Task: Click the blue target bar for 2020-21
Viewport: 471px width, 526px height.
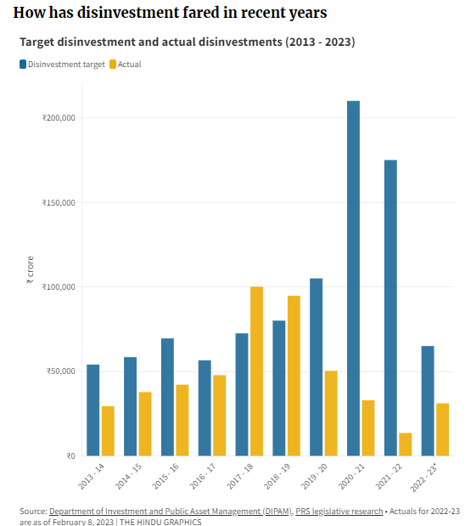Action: (353, 278)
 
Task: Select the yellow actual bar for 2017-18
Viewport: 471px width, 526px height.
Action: (256, 371)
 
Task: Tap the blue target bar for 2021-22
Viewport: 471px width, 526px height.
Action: (390, 308)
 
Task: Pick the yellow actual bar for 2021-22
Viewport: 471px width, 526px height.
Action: (406, 444)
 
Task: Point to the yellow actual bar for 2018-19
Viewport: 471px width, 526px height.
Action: (294, 376)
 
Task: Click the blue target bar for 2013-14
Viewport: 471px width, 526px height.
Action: (93, 410)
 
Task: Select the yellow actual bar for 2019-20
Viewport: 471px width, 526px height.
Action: (331, 413)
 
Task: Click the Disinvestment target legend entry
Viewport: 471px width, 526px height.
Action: (60, 64)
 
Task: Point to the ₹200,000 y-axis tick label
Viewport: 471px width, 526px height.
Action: (59, 118)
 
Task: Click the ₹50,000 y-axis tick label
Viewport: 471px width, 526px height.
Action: (62, 371)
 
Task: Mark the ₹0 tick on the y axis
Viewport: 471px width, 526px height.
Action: (71, 455)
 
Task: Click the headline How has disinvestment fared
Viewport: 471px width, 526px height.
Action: (170, 14)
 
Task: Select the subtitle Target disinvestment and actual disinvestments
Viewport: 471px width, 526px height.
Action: (188, 42)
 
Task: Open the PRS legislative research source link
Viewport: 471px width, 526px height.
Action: (337, 511)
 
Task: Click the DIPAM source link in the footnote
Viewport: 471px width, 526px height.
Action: (170, 511)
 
